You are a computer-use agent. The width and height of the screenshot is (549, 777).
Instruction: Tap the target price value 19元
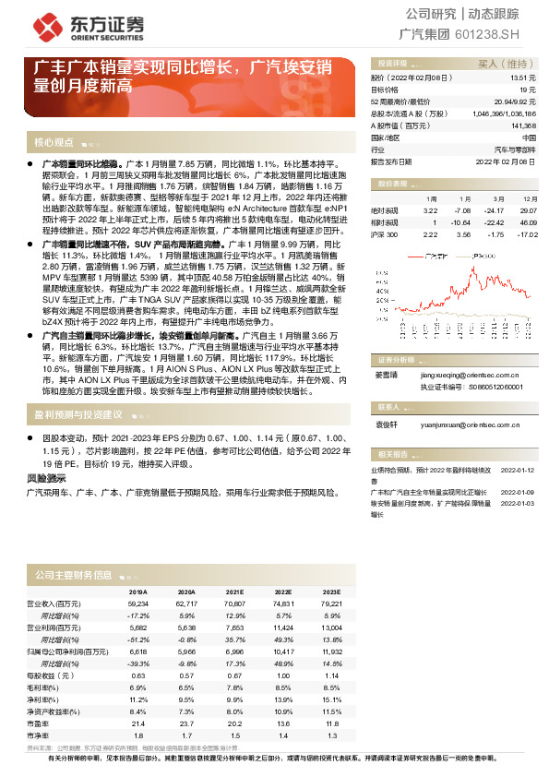tap(528, 91)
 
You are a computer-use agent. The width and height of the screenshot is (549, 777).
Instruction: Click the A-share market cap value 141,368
tap(521, 125)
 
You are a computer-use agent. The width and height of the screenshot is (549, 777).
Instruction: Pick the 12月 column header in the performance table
tap(529, 198)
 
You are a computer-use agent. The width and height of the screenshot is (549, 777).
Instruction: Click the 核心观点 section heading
tap(54, 143)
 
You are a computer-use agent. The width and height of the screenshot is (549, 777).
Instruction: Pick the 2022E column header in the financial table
tap(282, 592)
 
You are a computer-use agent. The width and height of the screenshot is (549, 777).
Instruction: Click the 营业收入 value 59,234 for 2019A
tap(138, 603)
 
